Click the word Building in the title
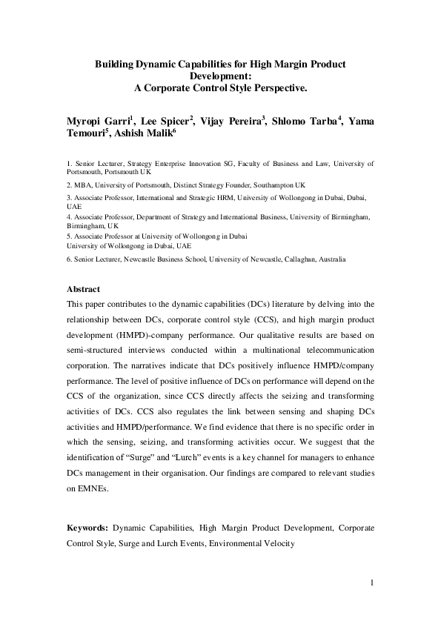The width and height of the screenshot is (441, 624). pyautogui.click(x=114, y=64)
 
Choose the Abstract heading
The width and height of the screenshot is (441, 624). pyautogui.click(x=83, y=289)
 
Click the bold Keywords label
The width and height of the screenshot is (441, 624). pyautogui.click(x=88, y=528)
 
